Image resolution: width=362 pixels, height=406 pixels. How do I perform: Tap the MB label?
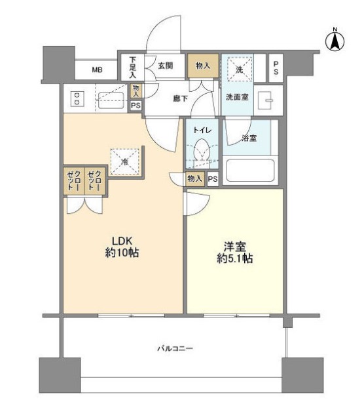(x=96, y=68)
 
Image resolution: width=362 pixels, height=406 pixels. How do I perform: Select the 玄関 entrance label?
(x=166, y=66)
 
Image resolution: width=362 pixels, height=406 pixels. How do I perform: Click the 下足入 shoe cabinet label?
(x=132, y=66)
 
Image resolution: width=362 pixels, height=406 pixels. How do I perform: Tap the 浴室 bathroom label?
(x=248, y=138)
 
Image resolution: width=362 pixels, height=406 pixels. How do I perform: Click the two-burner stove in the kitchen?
(x=77, y=99)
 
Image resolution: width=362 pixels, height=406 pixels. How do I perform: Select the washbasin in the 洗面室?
(x=266, y=100)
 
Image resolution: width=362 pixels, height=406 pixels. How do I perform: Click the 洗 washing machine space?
(x=236, y=68)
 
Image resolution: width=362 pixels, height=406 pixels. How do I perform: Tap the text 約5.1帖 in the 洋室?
(x=235, y=258)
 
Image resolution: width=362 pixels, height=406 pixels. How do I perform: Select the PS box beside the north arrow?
(x=277, y=67)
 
